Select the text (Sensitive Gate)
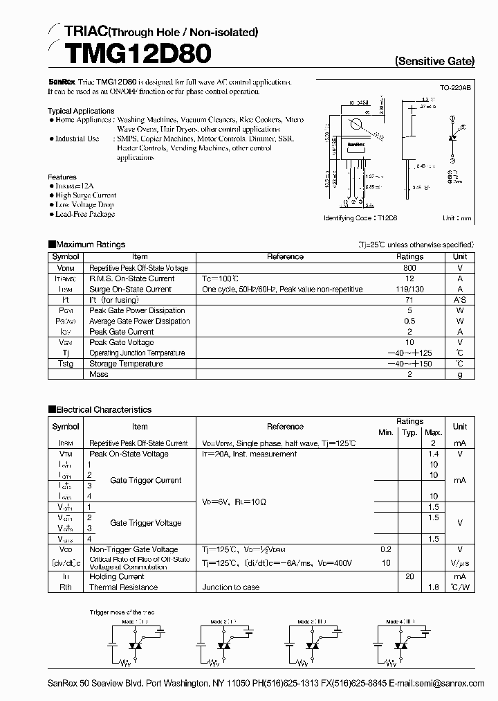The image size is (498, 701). tap(434, 61)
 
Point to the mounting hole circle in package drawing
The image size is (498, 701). tap(356, 125)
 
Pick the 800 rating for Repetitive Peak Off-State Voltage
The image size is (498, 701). tap(409, 268)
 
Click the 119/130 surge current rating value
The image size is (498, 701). tap(409, 290)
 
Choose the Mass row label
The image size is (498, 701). tap(99, 374)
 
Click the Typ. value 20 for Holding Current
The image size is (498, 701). tap(409, 576)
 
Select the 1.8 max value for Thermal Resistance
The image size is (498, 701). tap(434, 587)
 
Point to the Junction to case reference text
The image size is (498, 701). tap(231, 587)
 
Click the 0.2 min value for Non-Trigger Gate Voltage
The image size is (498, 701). tap(385, 549)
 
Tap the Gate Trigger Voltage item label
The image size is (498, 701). tap(146, 523)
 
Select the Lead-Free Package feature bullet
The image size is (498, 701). tap(84, 214)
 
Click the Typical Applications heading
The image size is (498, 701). tap(81, 111)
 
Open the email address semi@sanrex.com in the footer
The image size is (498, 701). tap(455, 683)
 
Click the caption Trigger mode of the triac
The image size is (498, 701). tap(127, 612)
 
